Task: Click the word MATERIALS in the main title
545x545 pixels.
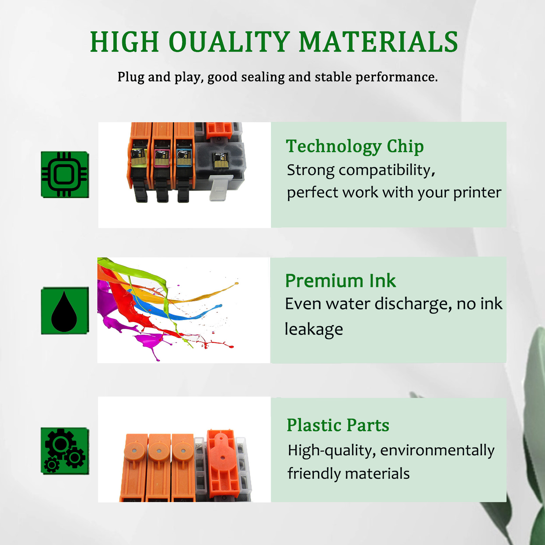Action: pos(379,42)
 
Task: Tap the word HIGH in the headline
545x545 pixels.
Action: pos(125,42)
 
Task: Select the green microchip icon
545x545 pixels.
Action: pos(65,175)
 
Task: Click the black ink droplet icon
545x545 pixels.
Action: pos(64,311)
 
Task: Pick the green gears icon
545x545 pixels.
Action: pos(65,451)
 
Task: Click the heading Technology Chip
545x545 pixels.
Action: pos(355,147)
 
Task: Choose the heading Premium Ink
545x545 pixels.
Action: pos(340,281)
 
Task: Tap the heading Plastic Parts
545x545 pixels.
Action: pos(338,425)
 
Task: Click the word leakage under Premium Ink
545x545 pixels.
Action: pos(314,330)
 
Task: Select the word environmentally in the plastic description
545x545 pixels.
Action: pos(437,451)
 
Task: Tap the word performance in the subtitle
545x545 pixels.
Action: pos(397,77)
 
